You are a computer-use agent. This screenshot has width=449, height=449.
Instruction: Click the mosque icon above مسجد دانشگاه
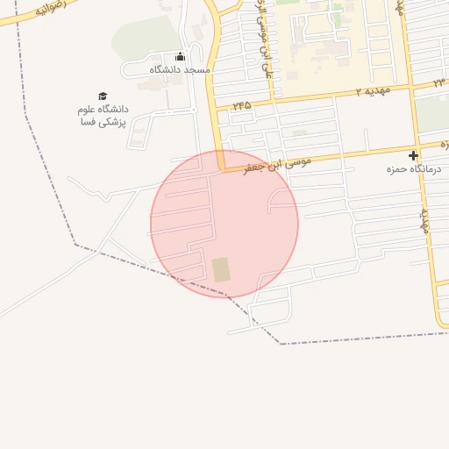click(x=180, y=57)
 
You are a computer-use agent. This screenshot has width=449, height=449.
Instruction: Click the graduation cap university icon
click(x=103, y=96)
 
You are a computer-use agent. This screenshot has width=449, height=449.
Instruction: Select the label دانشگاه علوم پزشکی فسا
click(x=103, y=115)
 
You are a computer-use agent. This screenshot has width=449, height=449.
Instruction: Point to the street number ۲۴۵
click(x=241, y=105)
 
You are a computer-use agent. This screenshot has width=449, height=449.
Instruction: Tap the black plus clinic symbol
click(x=414, y=155)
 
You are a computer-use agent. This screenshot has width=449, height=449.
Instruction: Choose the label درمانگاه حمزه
click(x=413, y=168)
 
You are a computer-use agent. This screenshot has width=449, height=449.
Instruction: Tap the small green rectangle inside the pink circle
click(x=221, y=269)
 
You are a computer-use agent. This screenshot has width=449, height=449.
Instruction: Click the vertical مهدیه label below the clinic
click(x=424, y=219)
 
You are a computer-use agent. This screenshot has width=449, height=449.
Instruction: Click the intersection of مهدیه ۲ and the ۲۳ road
click(x=410, y=87)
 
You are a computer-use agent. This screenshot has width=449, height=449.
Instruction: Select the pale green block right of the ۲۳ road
click(x=431, y=112)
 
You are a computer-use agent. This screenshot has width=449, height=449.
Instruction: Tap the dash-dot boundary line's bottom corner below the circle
click(x=281, y=343)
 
